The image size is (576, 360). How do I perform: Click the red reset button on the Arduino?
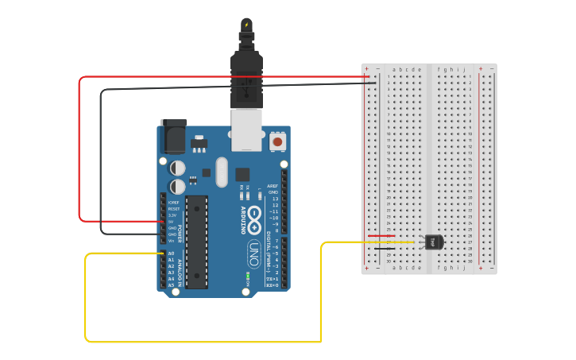[x=277, y=141]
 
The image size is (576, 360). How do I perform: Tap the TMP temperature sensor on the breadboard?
[x=434, y=242]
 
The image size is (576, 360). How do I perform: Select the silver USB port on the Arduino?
[x=246, y=130]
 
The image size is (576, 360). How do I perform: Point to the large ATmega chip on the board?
[x=197, y=241]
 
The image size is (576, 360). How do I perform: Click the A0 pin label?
[x=172, y=254]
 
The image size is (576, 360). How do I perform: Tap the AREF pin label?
[x=273, y=186]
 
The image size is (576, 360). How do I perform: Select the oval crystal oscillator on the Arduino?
[x=221, y=171]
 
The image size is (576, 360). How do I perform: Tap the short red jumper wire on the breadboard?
[x=381, y=235]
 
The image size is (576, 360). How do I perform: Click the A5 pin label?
[x=172, y=285]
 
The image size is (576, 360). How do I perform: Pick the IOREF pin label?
[x=173, y=203]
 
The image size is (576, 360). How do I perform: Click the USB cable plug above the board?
[x=246, y=75]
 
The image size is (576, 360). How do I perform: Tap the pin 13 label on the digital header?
[x=275, y=199]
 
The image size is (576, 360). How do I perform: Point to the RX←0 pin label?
[x=272, y=285]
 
